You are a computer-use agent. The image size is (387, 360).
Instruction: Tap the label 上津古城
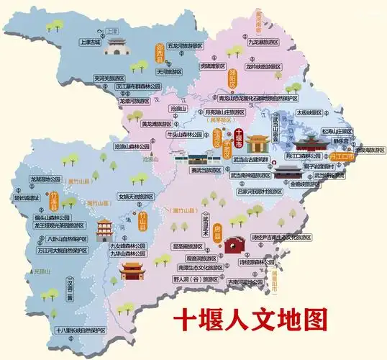(x=90, y=42)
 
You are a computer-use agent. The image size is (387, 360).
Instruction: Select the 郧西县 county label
(x=160, y=52)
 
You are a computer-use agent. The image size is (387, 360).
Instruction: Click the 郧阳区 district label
(x=232, y=76)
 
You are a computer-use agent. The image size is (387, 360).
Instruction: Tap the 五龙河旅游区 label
(x=188, y=45)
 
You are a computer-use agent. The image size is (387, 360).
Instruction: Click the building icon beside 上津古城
(x=114, y=45)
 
